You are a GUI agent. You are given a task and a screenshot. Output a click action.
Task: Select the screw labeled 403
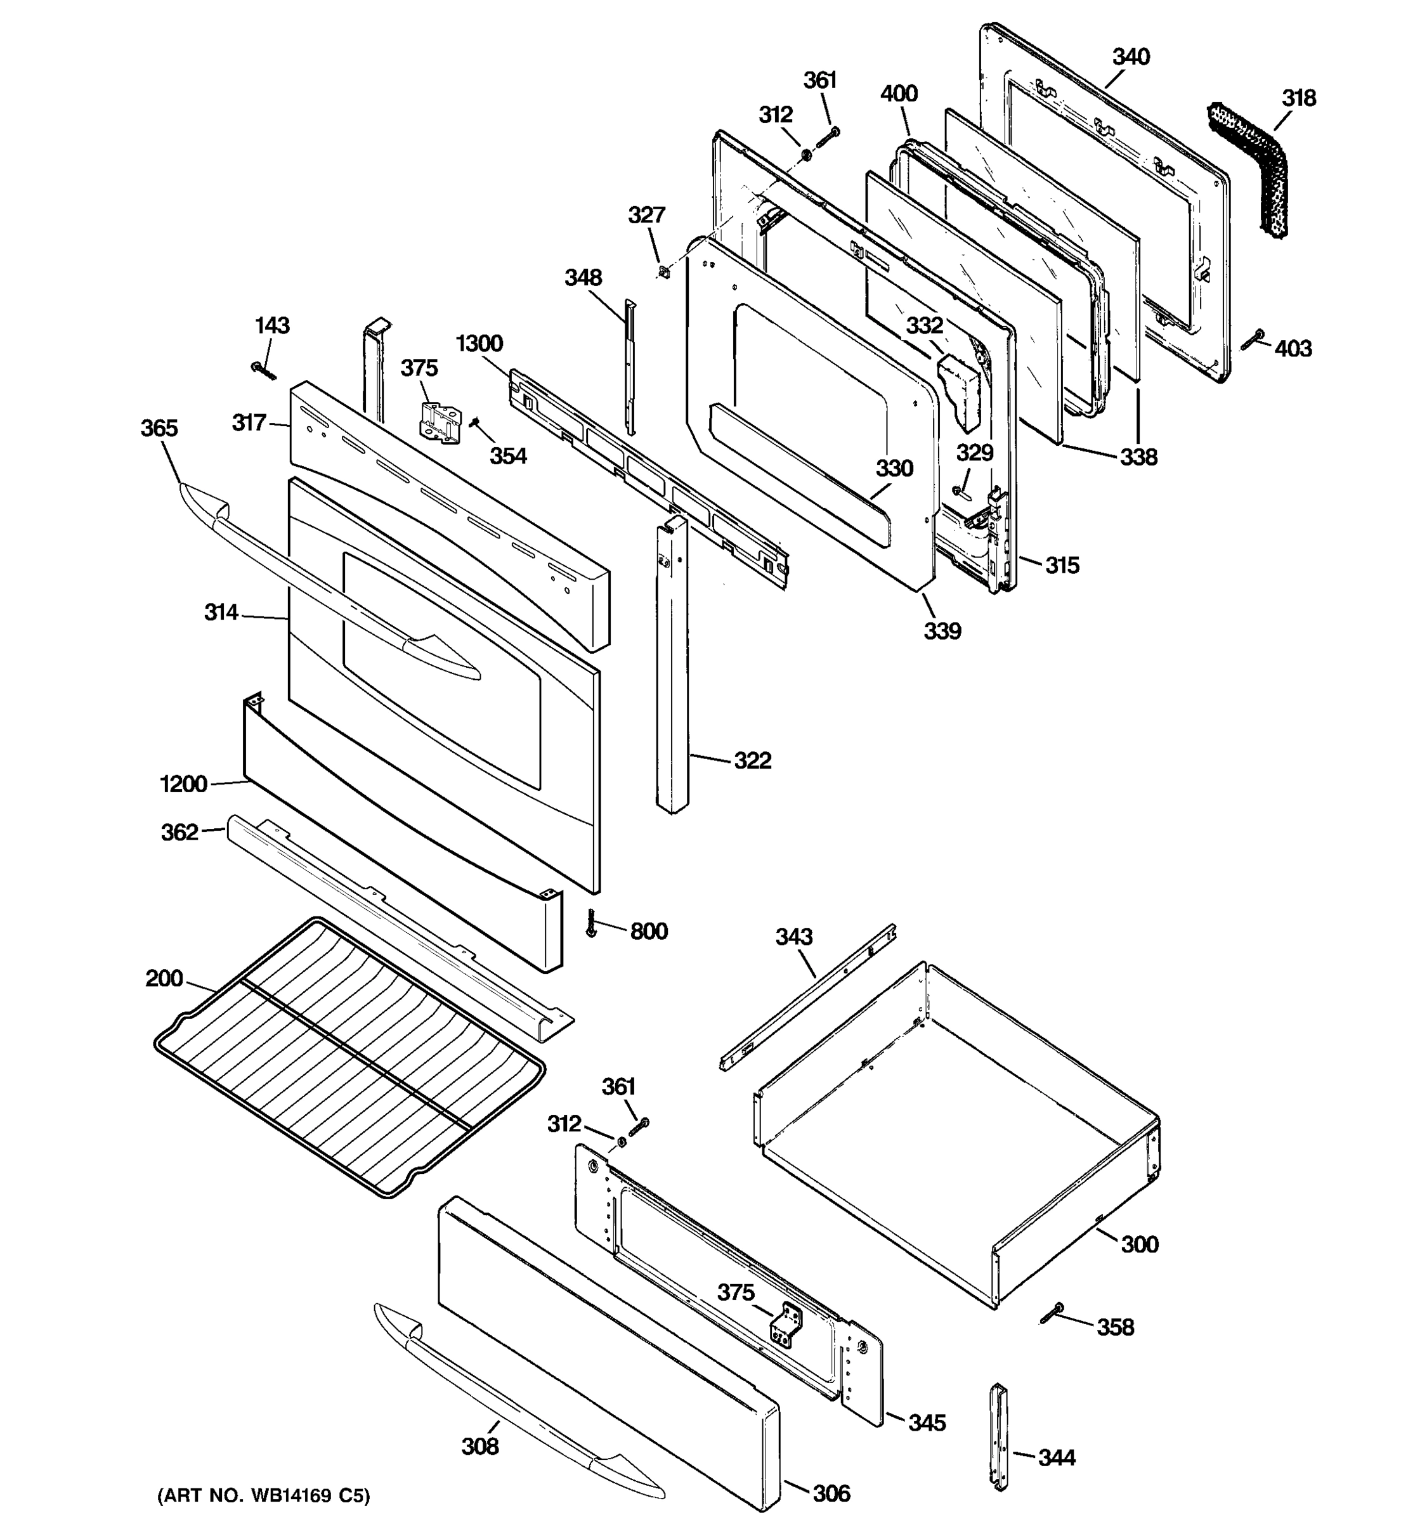click(x=1253, y=339)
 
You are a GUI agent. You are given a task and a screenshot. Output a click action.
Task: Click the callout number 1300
click(x=479, y=343)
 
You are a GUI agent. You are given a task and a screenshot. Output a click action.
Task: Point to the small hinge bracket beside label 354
click(x=441, y=422)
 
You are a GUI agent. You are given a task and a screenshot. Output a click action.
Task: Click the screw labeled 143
click(x=263, y=370)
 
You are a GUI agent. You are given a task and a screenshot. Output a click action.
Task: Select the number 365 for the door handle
click(x=159, y=428)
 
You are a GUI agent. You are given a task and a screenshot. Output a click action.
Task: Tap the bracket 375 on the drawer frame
click(x=786, y=1325)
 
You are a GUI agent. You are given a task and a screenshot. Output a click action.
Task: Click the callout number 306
click(x=831, y=1493)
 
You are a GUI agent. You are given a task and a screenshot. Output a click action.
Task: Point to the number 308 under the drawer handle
click(x=480, y=1446)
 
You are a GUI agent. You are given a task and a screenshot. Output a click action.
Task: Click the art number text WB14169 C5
click(x=263, y=1496)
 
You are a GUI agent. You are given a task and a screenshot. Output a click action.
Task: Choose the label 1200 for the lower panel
click(x=184, y=784)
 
